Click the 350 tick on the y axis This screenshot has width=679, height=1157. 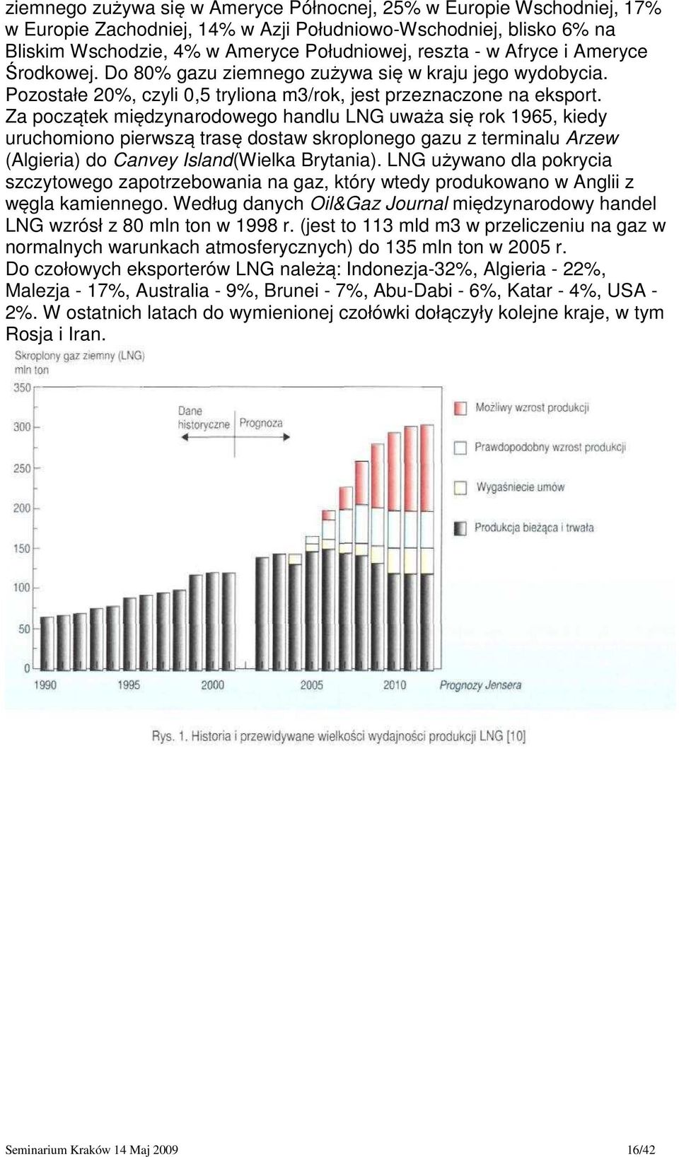pos(22,388)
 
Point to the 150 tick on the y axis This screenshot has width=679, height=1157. pos(22,549)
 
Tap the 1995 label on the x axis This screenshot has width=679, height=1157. pos(129,685)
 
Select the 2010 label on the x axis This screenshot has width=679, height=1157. pos(395,685)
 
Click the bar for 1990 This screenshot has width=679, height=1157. pos(47,643)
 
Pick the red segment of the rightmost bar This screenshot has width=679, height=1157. pos(426,468)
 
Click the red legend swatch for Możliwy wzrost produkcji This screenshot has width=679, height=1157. pos(460,408)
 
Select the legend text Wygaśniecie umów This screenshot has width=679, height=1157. pos(521,487)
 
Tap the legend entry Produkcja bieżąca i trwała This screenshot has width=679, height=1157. pos(524,528)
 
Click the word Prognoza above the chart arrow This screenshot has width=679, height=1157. pos(261,424)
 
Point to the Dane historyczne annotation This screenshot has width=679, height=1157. pos(203,418)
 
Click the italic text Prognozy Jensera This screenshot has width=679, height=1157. pos(480,685)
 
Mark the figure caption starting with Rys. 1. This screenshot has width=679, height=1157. pos(339,736)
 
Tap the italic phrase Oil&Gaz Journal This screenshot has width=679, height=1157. pos(379,204)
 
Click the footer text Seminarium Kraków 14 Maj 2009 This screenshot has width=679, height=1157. pos(92,1150)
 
